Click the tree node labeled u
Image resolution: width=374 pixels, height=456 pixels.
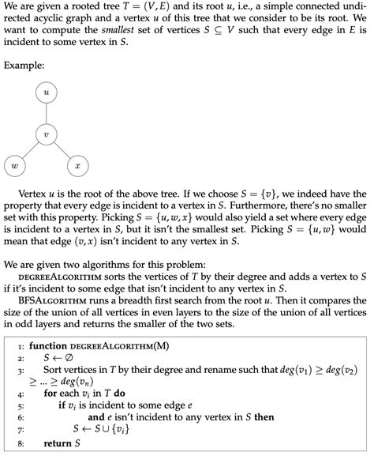click(x=46, y=93)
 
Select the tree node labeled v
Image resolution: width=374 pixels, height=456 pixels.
click(x=46, y=135)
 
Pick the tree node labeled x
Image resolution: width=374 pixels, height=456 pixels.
click(x=77, y=166)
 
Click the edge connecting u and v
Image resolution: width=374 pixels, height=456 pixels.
click(x=46, y=115)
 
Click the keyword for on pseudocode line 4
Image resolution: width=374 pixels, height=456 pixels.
click(x=50, y=392)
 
